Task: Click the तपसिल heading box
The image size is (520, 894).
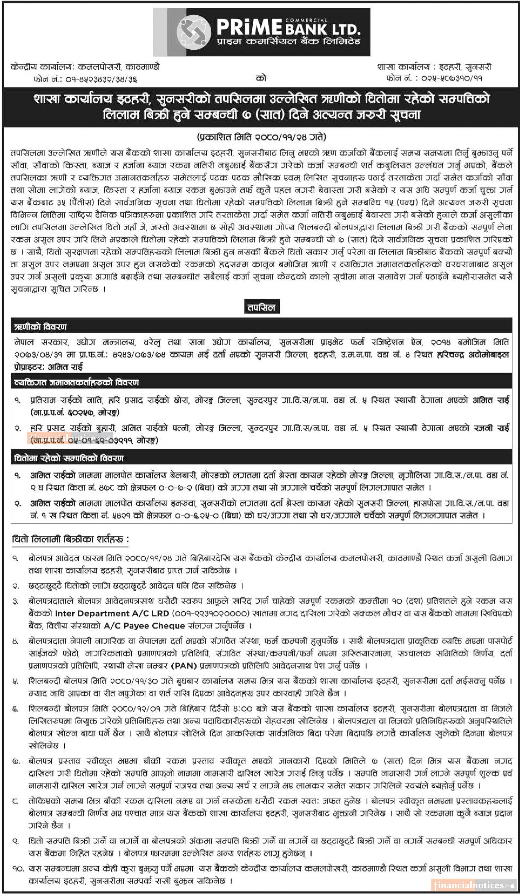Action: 262,307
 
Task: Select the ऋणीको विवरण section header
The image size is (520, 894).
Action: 40,327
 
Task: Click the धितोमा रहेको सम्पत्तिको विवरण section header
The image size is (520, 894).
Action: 69,458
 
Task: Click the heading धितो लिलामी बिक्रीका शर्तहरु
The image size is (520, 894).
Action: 70,540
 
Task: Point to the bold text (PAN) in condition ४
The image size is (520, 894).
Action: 184,666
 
